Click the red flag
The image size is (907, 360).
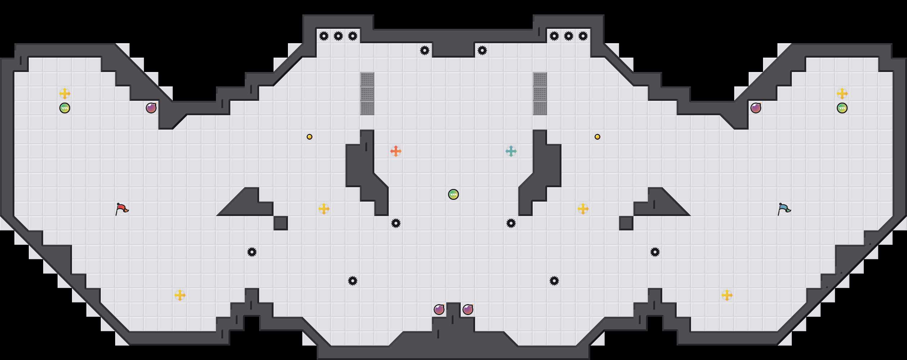click(x=122, y=209)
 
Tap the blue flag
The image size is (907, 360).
click(x=784, y=209)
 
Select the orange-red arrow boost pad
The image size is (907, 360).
click(x=396, y=151)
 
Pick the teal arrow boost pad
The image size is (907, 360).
click(x=511, y=151)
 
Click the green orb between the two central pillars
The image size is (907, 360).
click(x=453, y=194)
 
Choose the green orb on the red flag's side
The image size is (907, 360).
click(x=65, y=108)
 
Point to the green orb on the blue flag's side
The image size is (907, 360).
click(x=842, y=108)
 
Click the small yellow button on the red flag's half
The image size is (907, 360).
click(x=310, y=137)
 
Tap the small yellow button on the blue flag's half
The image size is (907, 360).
click(x=597, y=137)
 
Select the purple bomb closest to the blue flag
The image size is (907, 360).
click(x=756, y=108)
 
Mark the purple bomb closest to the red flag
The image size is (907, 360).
click(x=151, y=108)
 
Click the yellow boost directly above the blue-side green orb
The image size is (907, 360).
click(x=842, y=94)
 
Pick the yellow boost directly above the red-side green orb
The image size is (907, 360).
click(x=65, y=94)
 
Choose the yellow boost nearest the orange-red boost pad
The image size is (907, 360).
click(x=324, y=209)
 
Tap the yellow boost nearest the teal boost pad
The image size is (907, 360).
click(x=583, y=209)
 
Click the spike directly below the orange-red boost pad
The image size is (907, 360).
click(x=396, y=223)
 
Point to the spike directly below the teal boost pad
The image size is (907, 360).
click(x=511, y=223)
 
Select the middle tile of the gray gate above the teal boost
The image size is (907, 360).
click(x=540, y=94)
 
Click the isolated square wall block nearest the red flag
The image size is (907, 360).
click(x=281, y=223)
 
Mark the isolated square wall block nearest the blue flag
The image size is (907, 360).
click(x=626, y=223)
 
